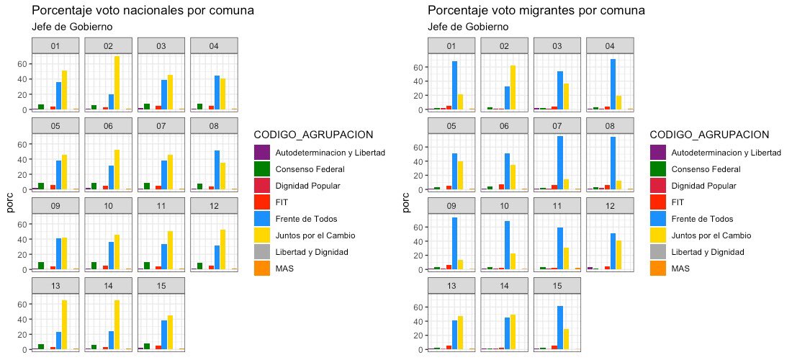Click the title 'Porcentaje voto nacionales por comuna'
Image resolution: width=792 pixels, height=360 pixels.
[143, 11]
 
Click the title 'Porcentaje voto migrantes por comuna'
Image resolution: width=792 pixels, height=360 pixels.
[536, 11]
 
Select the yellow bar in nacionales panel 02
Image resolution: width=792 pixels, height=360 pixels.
[117, 83]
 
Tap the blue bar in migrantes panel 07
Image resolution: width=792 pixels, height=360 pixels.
[560, 163]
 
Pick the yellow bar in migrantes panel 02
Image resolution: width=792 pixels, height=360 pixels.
[513, 88]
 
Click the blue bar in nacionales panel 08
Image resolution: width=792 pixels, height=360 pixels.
[217, 170]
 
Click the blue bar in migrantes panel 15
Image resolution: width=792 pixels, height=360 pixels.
[560, 328]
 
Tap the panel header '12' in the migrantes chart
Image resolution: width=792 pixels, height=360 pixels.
[610, 205]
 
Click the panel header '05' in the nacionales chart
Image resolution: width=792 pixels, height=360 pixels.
[55, 126]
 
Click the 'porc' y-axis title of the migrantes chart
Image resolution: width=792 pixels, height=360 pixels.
[406, 202]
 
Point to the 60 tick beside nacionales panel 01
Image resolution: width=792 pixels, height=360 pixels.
[22, 64]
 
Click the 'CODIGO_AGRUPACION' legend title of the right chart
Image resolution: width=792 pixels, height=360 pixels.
[709, 135]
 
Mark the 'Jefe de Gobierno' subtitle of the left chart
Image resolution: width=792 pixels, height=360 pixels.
[72, 27]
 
